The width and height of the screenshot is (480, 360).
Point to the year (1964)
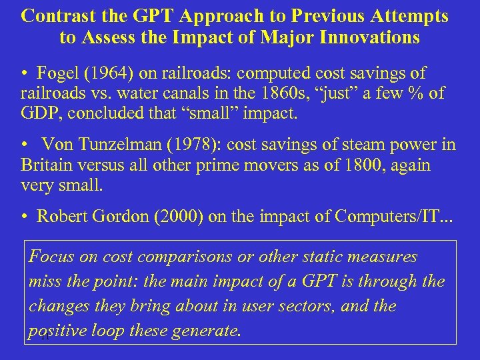102,73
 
